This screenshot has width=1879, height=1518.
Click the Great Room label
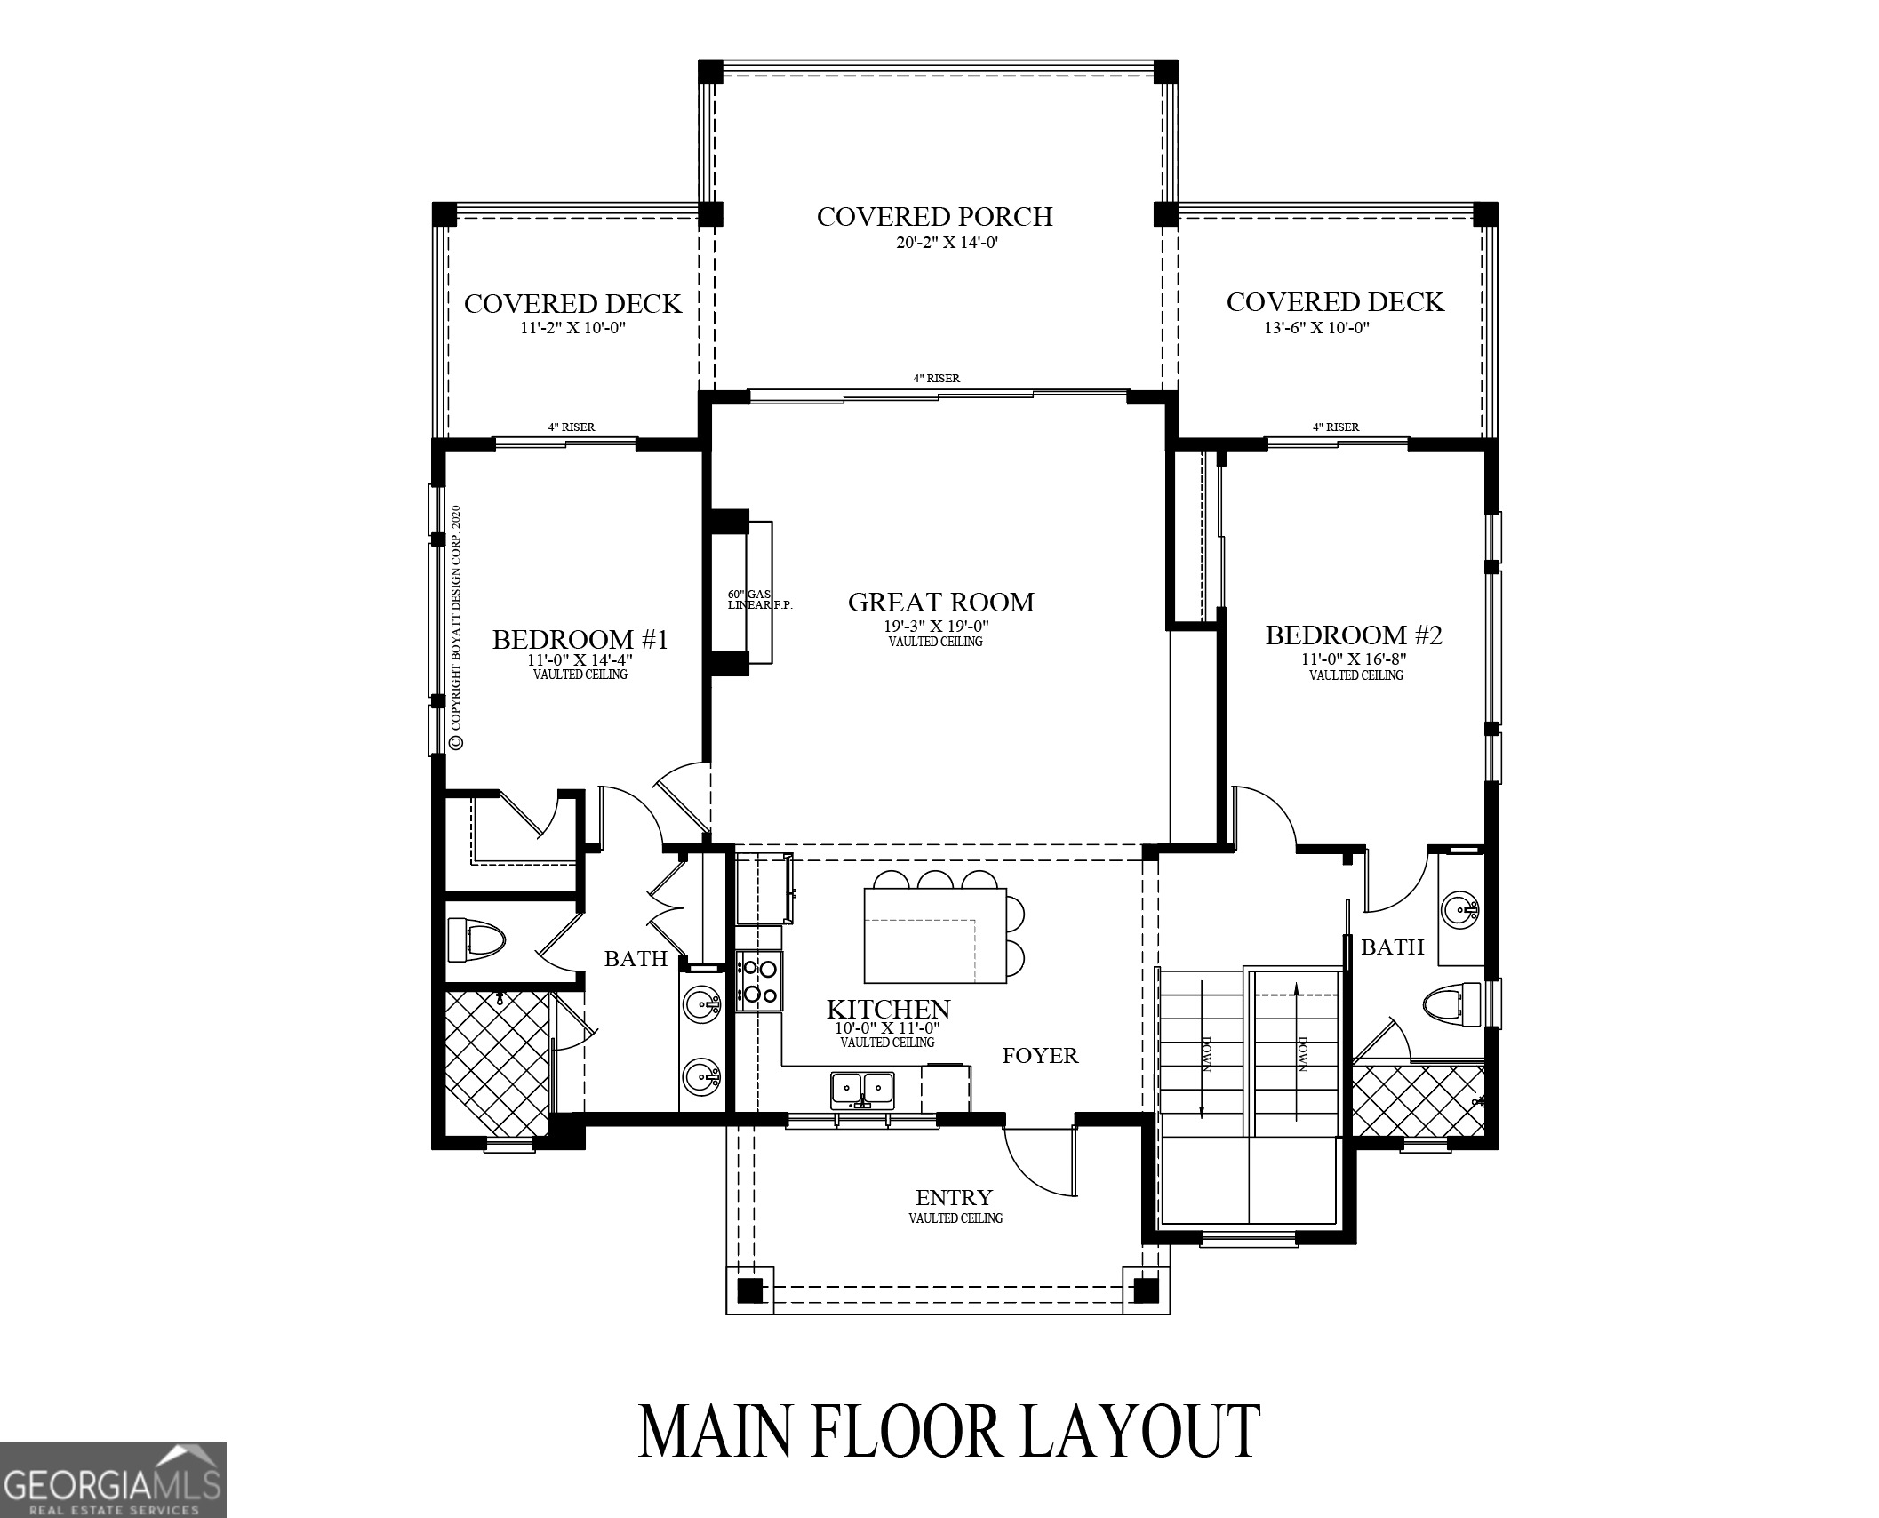(940, 603)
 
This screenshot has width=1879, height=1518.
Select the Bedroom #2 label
(1353, 635)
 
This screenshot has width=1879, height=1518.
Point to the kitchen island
(935, 934)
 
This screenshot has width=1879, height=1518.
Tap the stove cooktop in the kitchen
(759, 980)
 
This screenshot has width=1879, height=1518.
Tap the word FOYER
(1040, 1056)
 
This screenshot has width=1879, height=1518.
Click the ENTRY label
(954, 1197)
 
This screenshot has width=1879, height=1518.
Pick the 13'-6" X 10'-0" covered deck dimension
(1316, 328)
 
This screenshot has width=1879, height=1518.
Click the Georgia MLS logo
(113, 1480)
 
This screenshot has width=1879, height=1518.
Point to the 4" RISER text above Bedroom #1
(572, 427)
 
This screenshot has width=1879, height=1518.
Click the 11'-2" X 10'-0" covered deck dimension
(580, 328)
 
